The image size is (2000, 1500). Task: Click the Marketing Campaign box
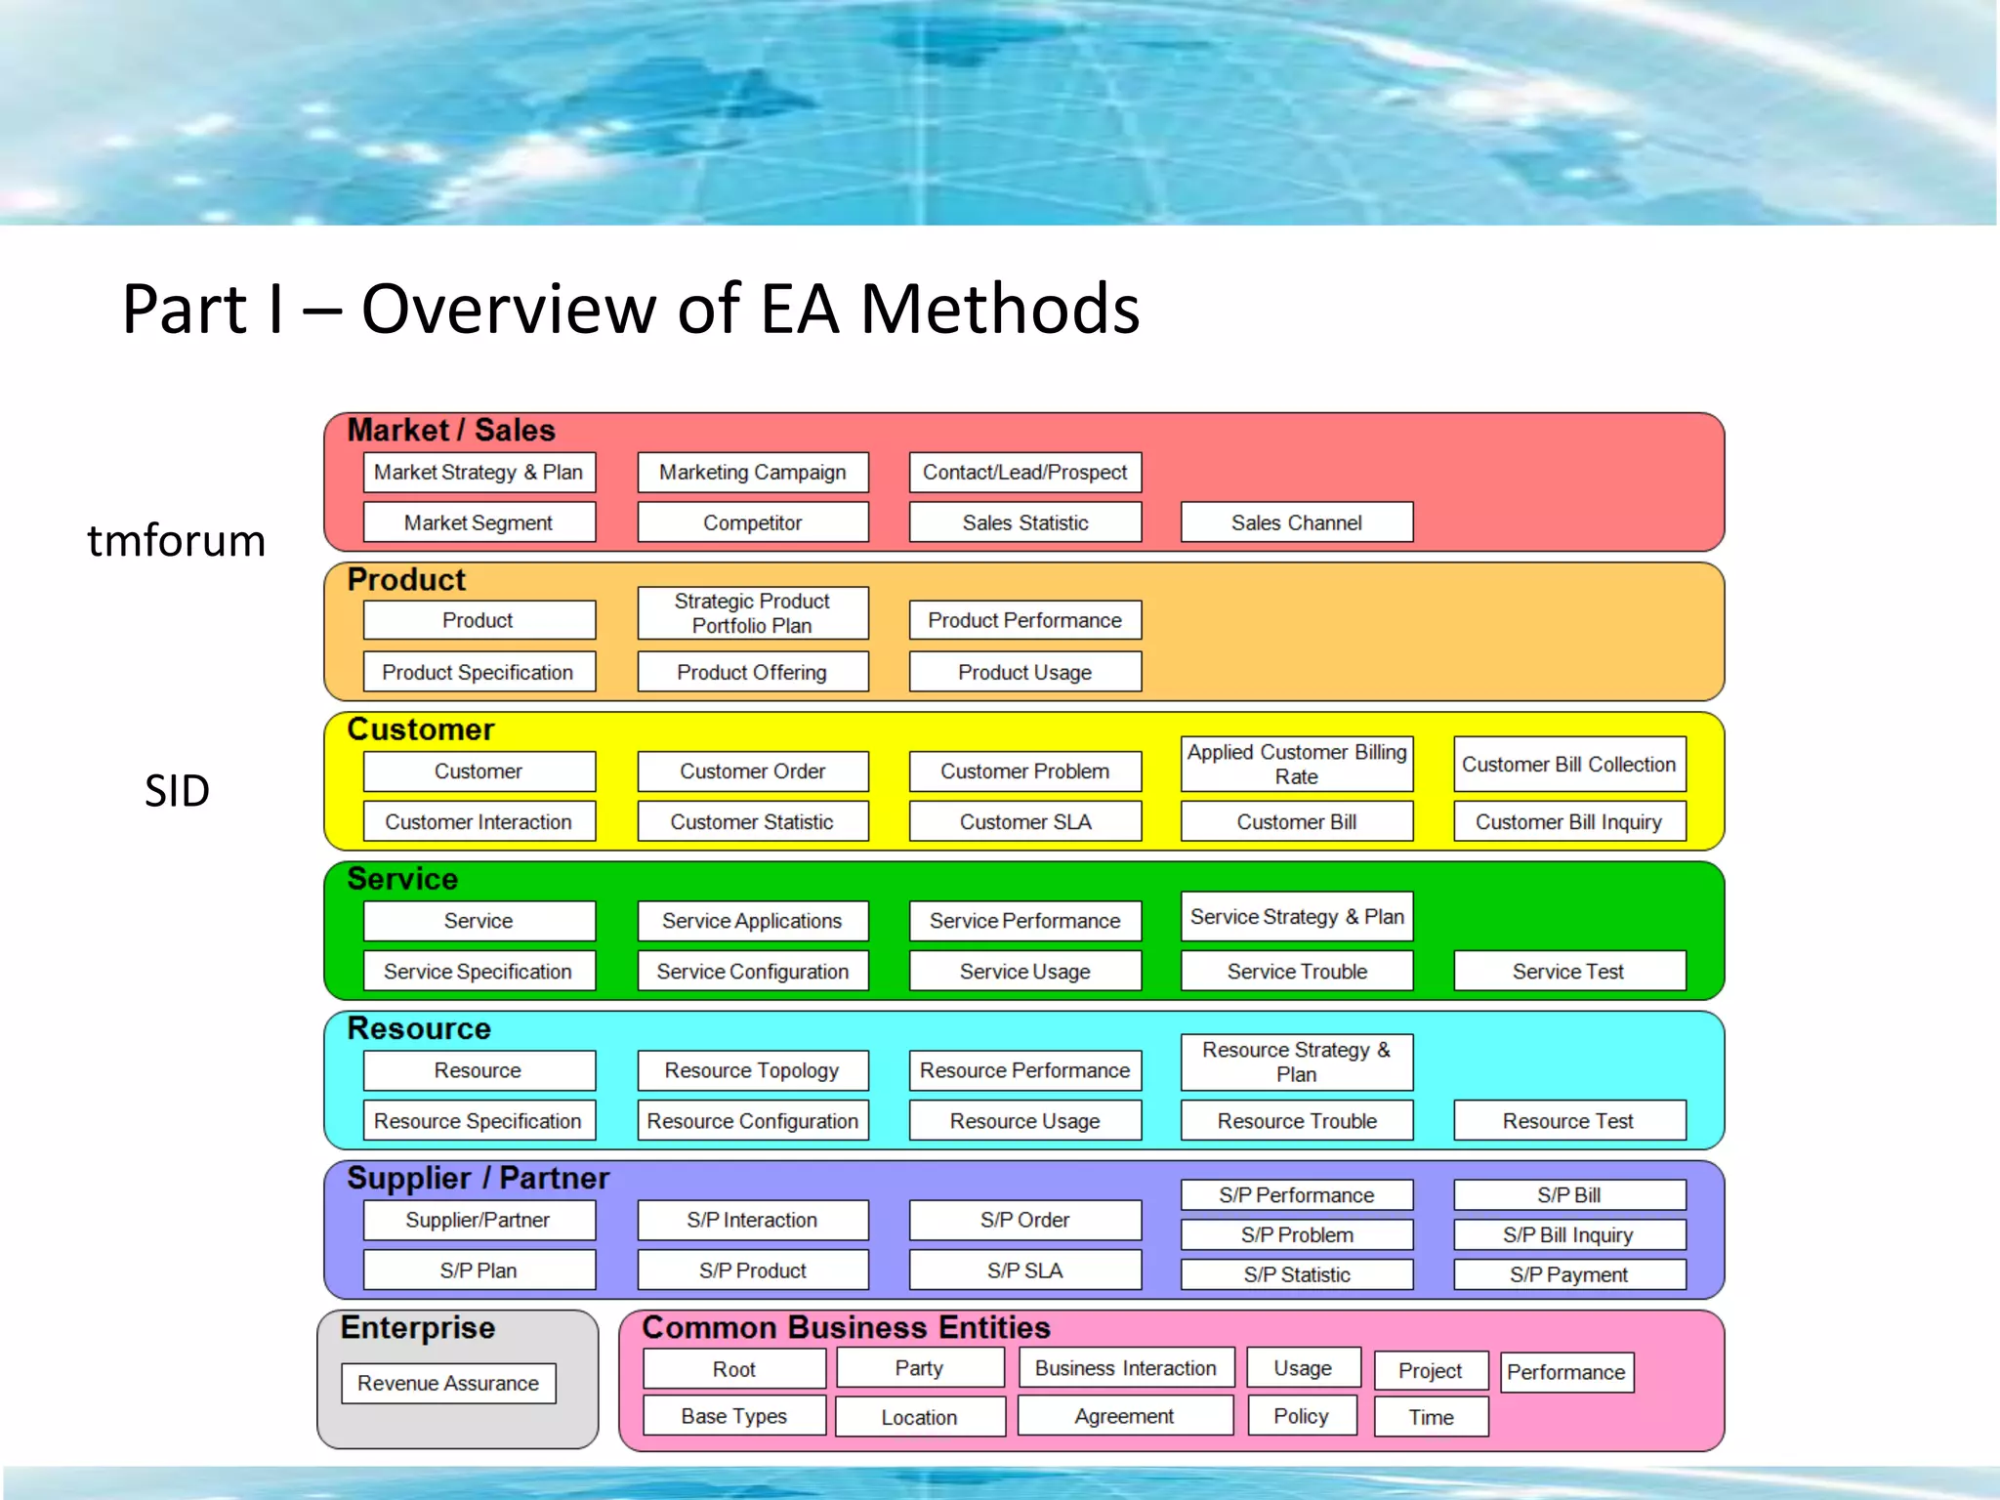coord(752,473)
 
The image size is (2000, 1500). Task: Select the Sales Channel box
coord(1296,522)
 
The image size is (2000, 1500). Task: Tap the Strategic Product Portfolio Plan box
coord(752,613)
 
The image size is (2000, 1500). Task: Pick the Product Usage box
coord(1024,672)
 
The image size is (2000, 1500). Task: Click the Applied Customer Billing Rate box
coord(1296,764)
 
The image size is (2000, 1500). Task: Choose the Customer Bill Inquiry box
coord(1568,822)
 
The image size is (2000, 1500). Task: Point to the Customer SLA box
coord(1024,822)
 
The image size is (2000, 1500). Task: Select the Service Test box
coord(1568,972)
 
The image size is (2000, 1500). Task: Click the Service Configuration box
coord(752,972)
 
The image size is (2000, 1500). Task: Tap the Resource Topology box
coord(752,1070)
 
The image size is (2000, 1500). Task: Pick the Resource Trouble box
coord(1296,1121)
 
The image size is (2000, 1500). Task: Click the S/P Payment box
coord(1568,1274)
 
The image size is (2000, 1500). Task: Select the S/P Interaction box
coord(752,1220)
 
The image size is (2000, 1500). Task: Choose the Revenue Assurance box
coord(448,1383)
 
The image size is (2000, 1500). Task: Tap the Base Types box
coord(733,1416)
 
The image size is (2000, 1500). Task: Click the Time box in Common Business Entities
coord(1431,1417)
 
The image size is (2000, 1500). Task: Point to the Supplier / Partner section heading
coord(478,1178)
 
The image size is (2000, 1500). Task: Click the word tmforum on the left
coord(177,540)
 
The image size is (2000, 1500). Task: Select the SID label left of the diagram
coord(177,790)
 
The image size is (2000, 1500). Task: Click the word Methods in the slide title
coord(999,309)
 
